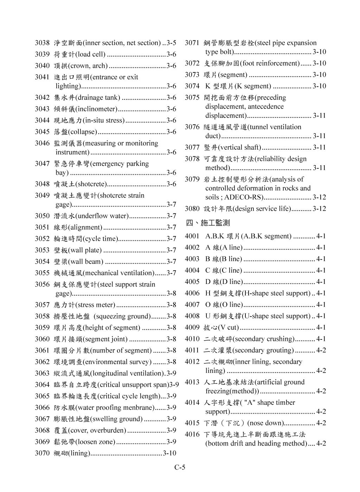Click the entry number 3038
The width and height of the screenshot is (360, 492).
pos(42,43)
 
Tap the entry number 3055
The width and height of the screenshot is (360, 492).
pos(42,273)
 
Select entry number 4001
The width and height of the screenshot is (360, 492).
pos(192,236)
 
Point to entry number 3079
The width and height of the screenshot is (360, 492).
pos(192,179)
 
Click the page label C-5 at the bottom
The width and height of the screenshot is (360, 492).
pos(180,467)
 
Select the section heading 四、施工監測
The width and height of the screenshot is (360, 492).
pos(207,223)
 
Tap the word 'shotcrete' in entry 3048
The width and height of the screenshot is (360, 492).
pos(91,184)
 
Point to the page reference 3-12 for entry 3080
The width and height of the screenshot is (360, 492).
pos(319,209)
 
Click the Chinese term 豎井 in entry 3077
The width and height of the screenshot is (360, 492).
pos(211,147)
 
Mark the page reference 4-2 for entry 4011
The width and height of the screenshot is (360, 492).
pos(321,350)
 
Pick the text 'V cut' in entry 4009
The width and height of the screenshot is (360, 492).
pos(228,328)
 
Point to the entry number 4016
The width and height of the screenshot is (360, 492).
pos(192,434)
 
